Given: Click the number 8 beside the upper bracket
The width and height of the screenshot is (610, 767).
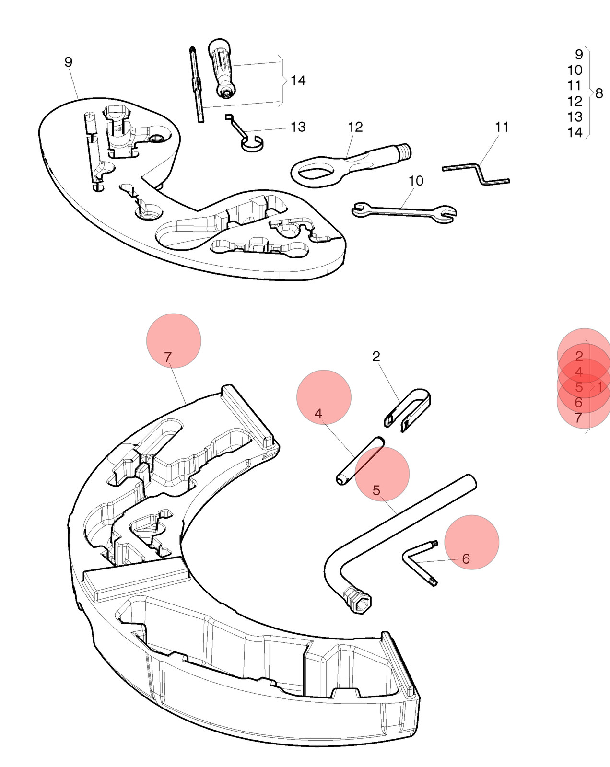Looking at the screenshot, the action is pos(599,93).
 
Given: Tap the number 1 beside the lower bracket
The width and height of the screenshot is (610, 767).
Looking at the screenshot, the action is pos(599,387).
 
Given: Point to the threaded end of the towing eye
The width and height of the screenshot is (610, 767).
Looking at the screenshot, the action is pos(405,151).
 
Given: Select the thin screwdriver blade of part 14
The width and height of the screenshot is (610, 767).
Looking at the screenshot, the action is pos(197,84).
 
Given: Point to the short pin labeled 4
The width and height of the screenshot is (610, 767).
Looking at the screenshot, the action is pos(361,461).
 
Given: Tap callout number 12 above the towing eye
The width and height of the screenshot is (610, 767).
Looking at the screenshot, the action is pos(355,127).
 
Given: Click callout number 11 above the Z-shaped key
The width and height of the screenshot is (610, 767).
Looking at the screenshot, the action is pos(502,127).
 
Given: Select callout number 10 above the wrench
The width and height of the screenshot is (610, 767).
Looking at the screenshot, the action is pos(416,181).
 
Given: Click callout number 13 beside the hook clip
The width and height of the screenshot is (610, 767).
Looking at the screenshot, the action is pos(298,127).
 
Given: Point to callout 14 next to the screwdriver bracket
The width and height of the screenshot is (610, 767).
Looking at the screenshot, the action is pos(298,81).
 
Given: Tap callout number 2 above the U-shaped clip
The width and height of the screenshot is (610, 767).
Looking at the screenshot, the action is pos(376,356).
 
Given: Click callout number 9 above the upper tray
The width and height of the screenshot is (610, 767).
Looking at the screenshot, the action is pos(69,62).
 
